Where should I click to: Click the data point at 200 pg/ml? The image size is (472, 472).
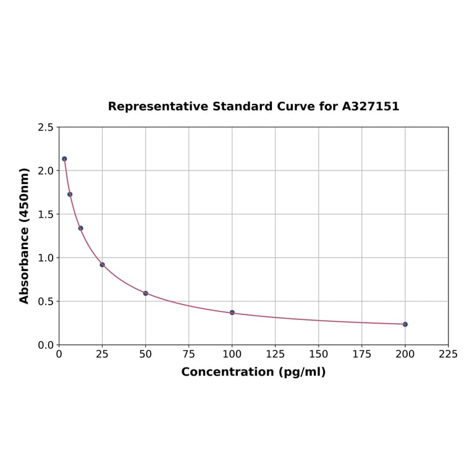[x=405, y=324]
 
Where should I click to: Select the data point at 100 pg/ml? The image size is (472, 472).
[x=232, y=313]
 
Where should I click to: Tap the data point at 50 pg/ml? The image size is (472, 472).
[x=146, y=293]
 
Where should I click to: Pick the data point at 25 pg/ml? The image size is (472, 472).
[x=103, y=264]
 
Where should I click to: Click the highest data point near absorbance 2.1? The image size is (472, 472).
[x=64, y=159]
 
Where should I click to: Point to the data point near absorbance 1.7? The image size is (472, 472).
[x=70, y=195]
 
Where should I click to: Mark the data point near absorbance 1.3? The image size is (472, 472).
[x=81, y=228]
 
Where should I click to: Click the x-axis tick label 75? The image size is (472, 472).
[x=189, y=354]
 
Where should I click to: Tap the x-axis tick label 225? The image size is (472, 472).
[x=449, y=354]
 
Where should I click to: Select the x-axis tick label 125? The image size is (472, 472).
[x=276, y=354]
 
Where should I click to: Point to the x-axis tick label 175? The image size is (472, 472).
[x=362, y=354]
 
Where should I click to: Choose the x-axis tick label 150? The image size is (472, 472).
[x=319, y=354]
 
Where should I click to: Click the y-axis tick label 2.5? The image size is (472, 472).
[x=46, y=127]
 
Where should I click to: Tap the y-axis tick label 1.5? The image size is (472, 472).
[x=46, y=214]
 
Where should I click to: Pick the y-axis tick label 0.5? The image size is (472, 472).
[x=46, y=301]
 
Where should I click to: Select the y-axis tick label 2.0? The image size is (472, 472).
[x=46, y=171]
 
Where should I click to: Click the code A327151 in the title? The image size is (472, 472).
[x=371, y=106]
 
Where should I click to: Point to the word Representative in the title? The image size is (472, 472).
[x=158, y=106]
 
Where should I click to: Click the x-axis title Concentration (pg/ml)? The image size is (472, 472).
[x=253, y=372]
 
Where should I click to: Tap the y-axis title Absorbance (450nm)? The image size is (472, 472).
[x=25, y=235]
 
